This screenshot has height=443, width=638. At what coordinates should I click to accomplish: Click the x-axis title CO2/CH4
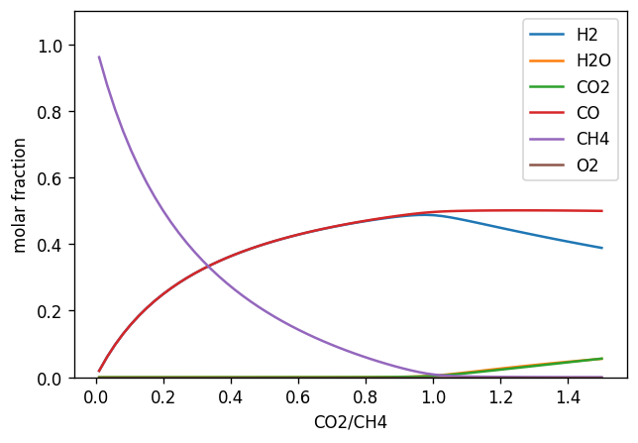click(x=350, y=423)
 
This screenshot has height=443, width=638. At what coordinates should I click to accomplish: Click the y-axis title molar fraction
click(x=20, y=194)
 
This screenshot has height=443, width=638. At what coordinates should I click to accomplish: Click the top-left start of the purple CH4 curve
click(x=99, y=57)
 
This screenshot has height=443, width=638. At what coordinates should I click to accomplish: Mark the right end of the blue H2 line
click(x=601, y=248)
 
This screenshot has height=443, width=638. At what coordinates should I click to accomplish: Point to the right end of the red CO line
click(x=601, y=211)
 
